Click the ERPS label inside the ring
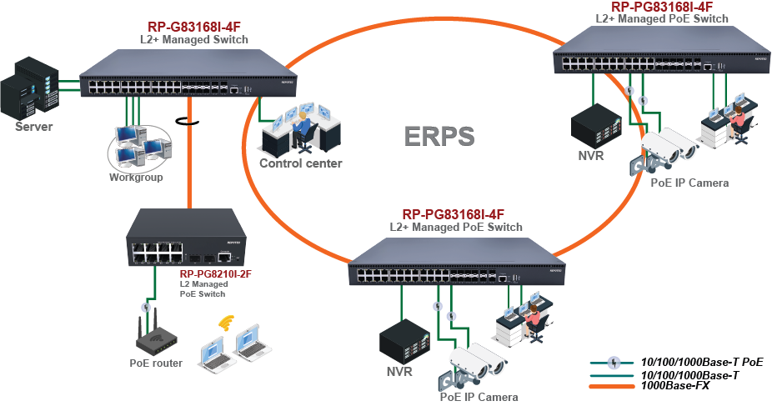[x=439, y=136]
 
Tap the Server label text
[x=33, y=127]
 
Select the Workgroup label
[x=136, y=177]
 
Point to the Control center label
[x=300, y=163]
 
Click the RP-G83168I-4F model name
[x=193, y=27]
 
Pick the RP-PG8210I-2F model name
[x=215, y=273]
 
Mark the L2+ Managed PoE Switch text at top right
[x=662, y=18]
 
